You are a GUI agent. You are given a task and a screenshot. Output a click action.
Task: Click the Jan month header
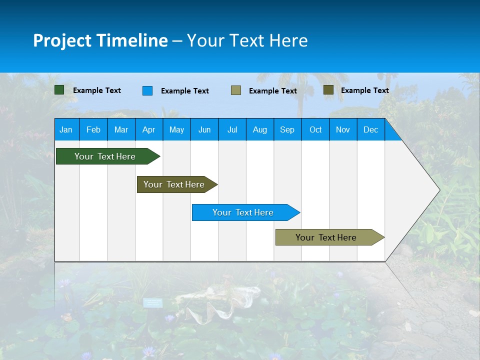click(x=66, y=129)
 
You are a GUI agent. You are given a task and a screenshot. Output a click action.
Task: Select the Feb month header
click(x=93, y=129)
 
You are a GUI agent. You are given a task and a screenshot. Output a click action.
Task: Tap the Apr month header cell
click(x=149, y=129)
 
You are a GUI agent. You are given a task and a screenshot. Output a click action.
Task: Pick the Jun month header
click(x=204, y=129)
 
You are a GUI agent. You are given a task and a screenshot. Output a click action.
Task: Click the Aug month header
click(x=260, y=129)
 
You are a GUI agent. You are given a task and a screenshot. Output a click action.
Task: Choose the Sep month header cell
click(x=287, y=129)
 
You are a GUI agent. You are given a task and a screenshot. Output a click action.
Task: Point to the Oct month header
click(x=315, y=129)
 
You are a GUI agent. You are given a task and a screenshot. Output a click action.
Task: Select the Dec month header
click(x=371, y=129)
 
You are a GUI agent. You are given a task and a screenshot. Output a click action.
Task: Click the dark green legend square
click(x=59, y=90)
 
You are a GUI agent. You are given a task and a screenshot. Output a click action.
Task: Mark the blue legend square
click(x=147, y=90)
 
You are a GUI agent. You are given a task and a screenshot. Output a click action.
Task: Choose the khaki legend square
click(x=236, y=90)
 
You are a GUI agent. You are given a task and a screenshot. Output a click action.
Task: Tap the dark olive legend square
click(x=328, y=90)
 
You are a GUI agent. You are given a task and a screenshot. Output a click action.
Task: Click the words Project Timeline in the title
click(x=100, y=40)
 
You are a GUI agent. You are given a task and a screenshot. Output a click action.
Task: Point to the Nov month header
click(x=343, y=129)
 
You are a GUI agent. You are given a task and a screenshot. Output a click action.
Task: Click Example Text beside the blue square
click(x=185, y=91)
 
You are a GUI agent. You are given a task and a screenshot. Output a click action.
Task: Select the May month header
click(x=176, y=129)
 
